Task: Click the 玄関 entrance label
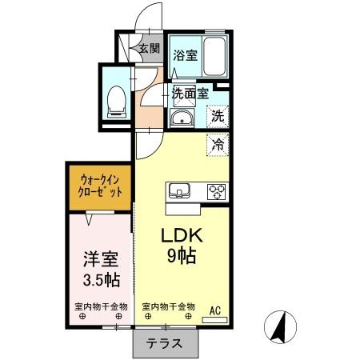coord(150,48)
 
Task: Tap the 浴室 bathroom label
coord(185,56)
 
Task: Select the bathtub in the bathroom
coord(214,56)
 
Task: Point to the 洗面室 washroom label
coord(190,93)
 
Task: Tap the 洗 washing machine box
coord(218,116)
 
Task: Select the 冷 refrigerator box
coord(218,145)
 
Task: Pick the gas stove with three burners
coord(216,192)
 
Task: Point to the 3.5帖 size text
coord(101,280)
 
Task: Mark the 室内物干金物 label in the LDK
coord(169,307)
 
